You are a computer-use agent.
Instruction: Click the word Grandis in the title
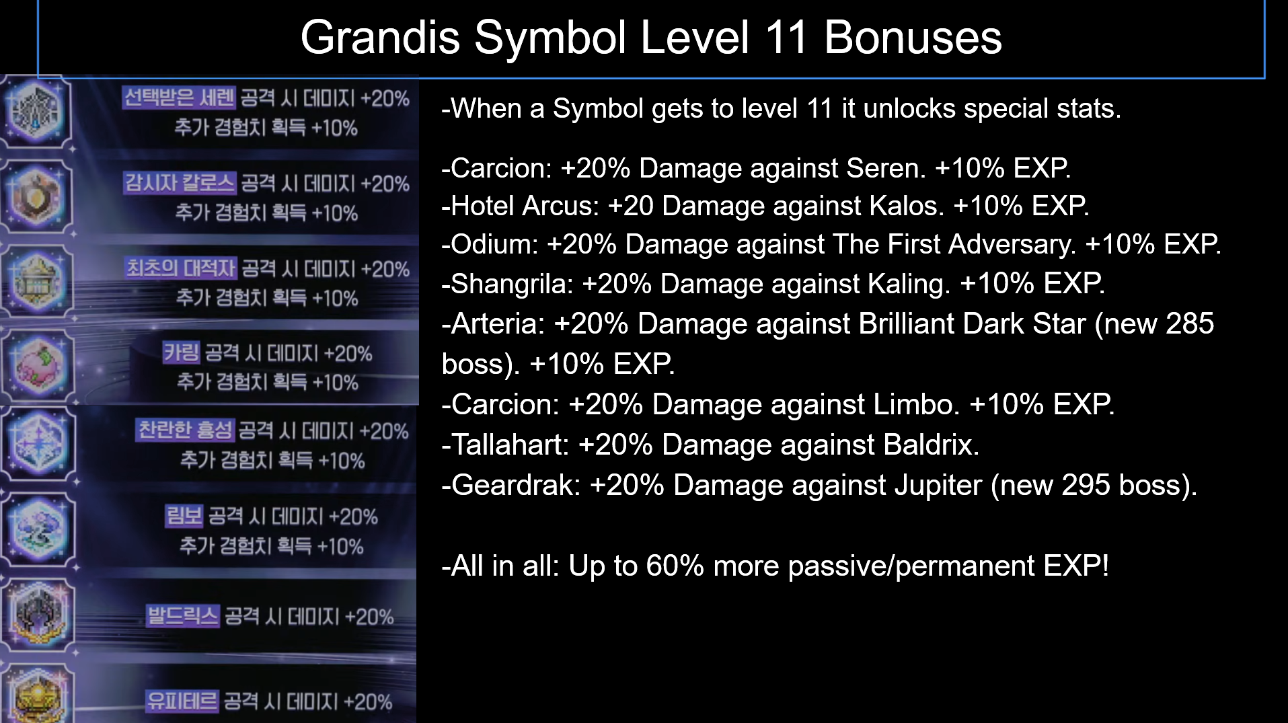[x=380, y=38]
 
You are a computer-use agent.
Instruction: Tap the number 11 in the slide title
[x=786, y=38]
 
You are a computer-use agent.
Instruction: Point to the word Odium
[x=489, y=244]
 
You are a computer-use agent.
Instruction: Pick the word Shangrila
[x=512, y=284]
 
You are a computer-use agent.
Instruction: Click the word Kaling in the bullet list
[x=909, y=284]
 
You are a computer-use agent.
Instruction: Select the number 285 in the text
[x=1190, y=324]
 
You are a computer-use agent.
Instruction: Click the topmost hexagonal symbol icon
[x=38, y=110]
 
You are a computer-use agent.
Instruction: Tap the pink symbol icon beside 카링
[x=38, y=367]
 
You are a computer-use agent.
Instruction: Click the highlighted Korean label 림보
[x=184, y=517]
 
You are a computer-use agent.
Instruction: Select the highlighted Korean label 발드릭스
[x=183, y=616]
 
